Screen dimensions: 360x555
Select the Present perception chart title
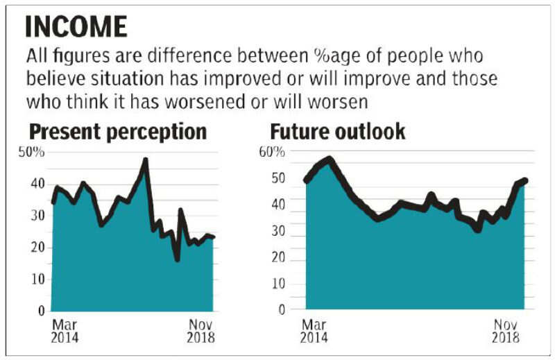coord(118,131)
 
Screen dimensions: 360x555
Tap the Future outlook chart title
coord(337,131)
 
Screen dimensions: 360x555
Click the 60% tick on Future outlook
coord(273,153)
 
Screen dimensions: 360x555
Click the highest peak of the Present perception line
coord(145,161)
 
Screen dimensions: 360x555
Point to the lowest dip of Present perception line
coord(178,259)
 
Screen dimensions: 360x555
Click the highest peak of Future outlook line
coord(329,160)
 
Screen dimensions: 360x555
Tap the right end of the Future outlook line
coord(525,181)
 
